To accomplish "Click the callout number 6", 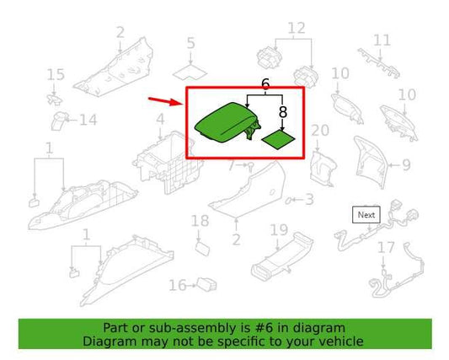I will tap(265, 85).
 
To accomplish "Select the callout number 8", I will tap(282, 110).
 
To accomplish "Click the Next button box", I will tap(366, 215).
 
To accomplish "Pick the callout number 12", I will tap(296, 30).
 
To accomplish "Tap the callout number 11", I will tap(382, 40).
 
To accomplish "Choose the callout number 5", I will tap(190, 43).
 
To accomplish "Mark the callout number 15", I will tap(56, 76).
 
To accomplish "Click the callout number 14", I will tap(88, 121).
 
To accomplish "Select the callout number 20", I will tap(320, 130).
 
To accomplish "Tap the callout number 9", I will tap(405, 165).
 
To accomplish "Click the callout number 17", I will tap(385, 248).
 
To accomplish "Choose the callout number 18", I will tap(200, 221).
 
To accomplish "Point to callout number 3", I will tap(308, 200).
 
